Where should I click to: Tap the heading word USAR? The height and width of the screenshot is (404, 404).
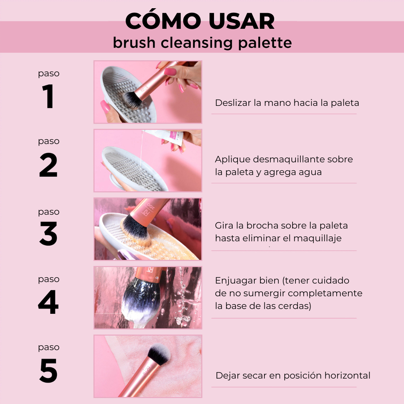(241, 21)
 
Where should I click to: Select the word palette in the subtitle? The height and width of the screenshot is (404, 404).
(265, 43)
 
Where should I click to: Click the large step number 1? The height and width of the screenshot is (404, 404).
(48, 96)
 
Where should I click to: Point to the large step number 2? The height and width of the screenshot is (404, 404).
(48, 165)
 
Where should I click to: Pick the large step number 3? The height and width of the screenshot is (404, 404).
(48, 233)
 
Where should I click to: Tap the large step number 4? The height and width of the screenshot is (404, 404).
(48, 302)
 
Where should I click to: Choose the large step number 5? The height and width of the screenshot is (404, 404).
(48, 370)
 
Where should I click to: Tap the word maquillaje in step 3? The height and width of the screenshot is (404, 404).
(318, 239)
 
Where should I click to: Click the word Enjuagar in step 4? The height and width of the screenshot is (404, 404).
(236, 281)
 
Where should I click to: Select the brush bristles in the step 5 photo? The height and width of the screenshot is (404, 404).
(159, 353)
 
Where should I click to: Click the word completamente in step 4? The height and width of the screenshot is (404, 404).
(325, 294)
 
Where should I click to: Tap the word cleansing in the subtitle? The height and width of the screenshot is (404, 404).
(197, 43)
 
